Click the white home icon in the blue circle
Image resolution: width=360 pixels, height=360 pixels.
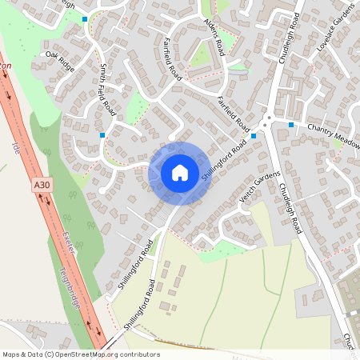pyautogui.click(x=179, y=172)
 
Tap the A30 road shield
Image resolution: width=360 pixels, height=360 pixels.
pyautogui.click(x=42, y=186)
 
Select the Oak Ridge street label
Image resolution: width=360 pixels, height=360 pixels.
pyautogui.click(x=60, y=61)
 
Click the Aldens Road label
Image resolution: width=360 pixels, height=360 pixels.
pyautogui.click(x=214, y=38)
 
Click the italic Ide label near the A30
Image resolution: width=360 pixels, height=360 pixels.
pyautogui.click(x=16, y=147)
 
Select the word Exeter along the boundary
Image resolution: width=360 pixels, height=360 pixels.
pyautogui.click(x=70, y=245)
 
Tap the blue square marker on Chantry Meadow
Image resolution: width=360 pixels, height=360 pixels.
pyautogui.click(x=291, y=125)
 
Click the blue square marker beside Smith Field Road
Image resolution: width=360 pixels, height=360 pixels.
pyautogui.click(x=102, y=135)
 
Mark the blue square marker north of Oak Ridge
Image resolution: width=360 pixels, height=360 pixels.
pyautogui.click(x=85, y=18)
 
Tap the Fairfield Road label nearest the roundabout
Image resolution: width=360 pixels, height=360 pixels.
pyautogui.click(x=234, y=114)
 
